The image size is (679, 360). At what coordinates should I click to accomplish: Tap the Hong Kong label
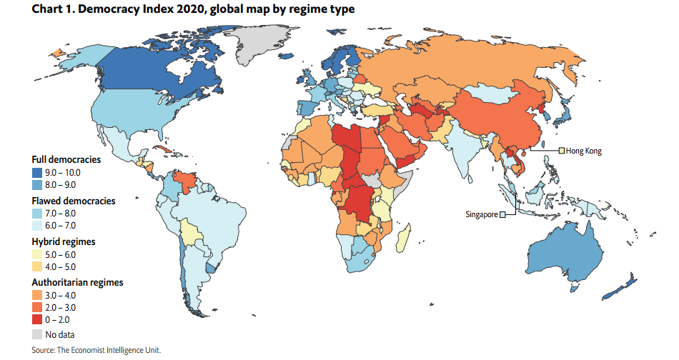[x=584, y=151]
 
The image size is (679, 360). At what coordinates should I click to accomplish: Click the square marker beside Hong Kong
[x=561, y=151]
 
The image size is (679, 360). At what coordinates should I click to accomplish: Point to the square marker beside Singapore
[x=502, y=214]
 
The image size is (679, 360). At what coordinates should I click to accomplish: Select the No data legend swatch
[x=37, y=334]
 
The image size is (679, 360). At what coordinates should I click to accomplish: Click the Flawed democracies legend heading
[x=74, y=201]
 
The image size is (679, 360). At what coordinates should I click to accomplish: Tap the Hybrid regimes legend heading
[x=63, y=241]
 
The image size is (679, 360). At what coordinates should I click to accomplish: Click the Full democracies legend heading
[x=66, y=160]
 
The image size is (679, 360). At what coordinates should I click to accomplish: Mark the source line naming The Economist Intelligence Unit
[x=96, y=350]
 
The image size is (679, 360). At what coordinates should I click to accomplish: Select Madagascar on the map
[x=404, y=236]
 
